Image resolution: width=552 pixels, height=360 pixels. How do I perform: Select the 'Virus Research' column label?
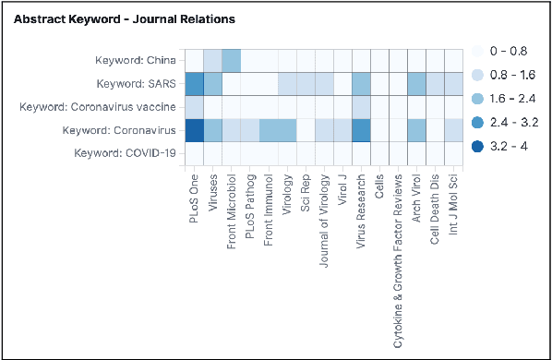tap(361, 206)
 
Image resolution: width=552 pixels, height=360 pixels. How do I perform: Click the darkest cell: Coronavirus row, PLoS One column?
tap(195, 130)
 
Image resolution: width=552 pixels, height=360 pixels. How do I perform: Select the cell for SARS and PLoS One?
tap(195, 84)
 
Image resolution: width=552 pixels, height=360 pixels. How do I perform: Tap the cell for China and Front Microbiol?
tap(232, 61)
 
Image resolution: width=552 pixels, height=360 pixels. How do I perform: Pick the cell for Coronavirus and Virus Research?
tap(361, 130)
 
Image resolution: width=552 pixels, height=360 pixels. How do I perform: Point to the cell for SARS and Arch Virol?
tap(416, 84)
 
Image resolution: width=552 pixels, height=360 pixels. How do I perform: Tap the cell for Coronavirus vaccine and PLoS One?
tap(195, 107)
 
